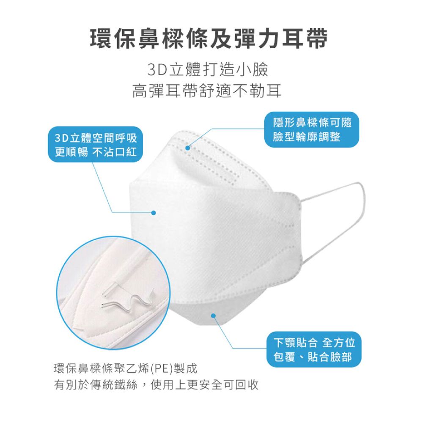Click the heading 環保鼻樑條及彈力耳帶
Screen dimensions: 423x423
[x=210, y=39]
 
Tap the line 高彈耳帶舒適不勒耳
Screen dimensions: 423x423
[x=207, y=90]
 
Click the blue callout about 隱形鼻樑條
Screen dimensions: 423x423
[x=312, y=130]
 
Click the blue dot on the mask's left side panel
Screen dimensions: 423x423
[x=154, y=212]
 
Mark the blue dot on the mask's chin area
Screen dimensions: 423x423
[x=213, y=316]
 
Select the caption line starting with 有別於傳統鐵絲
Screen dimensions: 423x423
[x=156, y=385]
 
